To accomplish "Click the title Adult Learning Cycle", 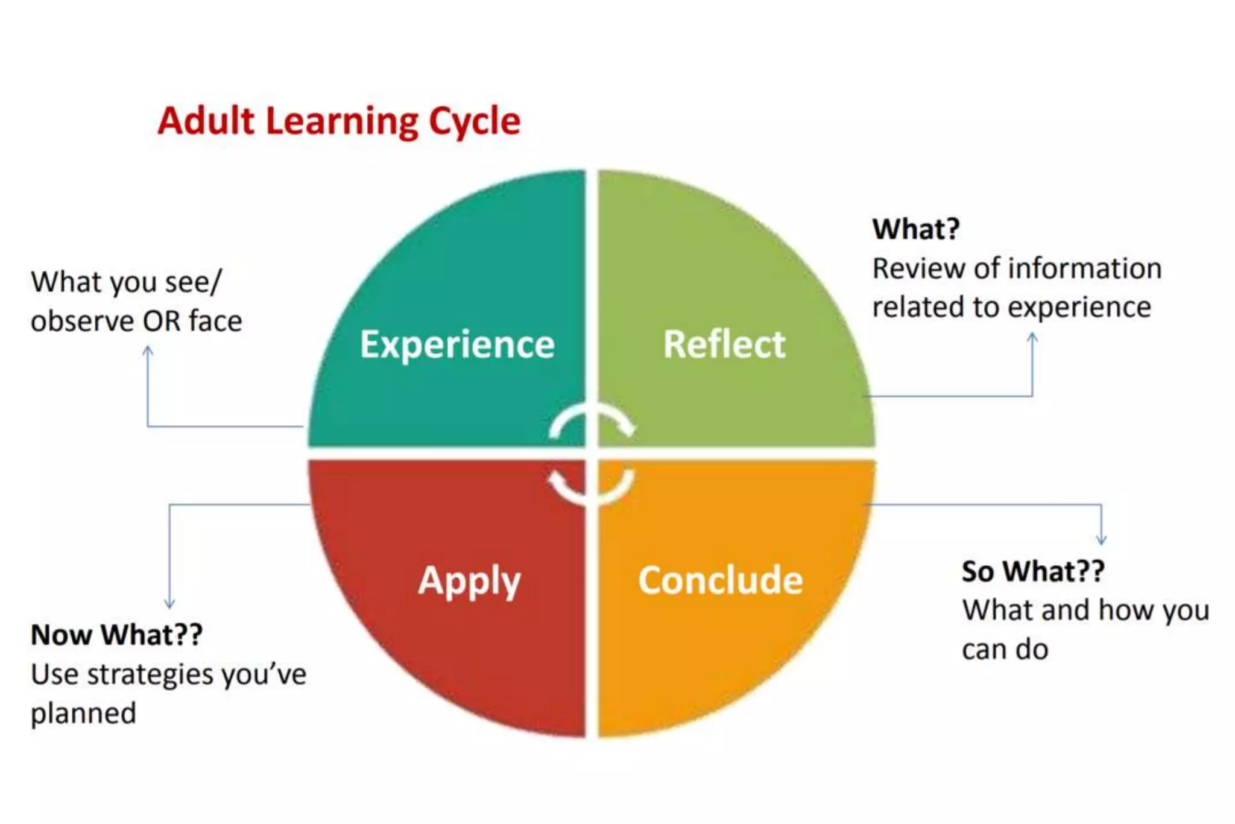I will tap(338, 121).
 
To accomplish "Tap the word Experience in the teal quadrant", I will tap(457, 345).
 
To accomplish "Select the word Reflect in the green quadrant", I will tap(724, 344).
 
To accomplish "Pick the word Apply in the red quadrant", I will tap(469, 582).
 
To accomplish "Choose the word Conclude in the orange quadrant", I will tap(721, 580).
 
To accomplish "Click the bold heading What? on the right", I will tap(915, 229).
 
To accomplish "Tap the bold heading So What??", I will tap(1033, 571).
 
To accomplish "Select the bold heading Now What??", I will tap(116, 635).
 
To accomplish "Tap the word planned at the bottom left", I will tap(83, 714).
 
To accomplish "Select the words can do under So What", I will tap(1005, 650).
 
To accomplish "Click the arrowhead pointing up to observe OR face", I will tap(148, 350).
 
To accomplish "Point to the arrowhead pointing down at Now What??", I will tap(169, 603).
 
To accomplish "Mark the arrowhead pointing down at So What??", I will tap(1101, 540).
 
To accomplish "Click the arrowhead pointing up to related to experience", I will tap(1032, 338).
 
